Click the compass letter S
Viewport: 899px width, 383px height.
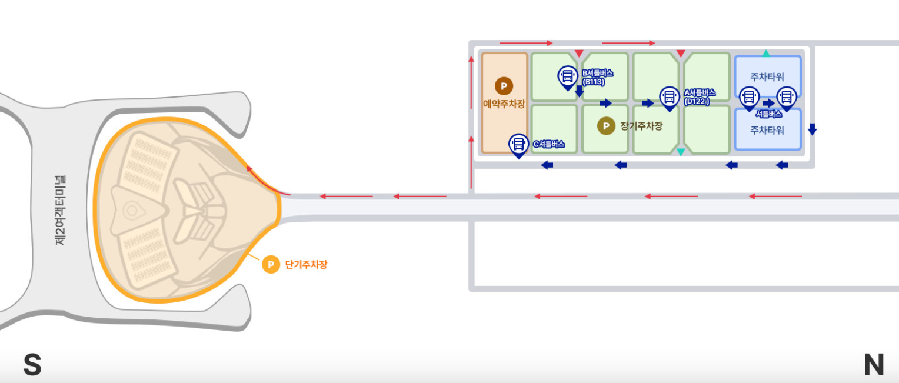pos(32,365)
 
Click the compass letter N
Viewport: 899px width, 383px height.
pos(874,365)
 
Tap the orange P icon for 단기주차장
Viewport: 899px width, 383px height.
pos(271,265)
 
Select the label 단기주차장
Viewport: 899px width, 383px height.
pos(306,265)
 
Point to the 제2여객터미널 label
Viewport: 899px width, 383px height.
pos(60,210)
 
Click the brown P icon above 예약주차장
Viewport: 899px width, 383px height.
pos(504,86)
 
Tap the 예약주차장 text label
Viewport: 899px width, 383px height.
pos(504,104)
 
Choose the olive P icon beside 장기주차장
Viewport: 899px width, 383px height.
pos(605,126)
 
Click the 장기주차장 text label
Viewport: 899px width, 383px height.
pos(641,126)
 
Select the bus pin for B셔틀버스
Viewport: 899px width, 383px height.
pos(568,76)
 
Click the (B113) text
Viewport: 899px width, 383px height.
pos(594,82)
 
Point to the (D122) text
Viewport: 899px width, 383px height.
pos(697,101)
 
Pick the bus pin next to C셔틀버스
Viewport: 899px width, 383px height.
pos(518,145)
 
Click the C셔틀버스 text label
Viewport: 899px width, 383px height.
pos(549,144)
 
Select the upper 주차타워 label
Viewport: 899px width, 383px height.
pos(767,76)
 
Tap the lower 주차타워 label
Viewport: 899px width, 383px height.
pos(767,130)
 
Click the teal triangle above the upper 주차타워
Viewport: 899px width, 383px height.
pos(766,54)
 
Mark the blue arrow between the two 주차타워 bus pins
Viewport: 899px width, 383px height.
pos(768,103)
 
